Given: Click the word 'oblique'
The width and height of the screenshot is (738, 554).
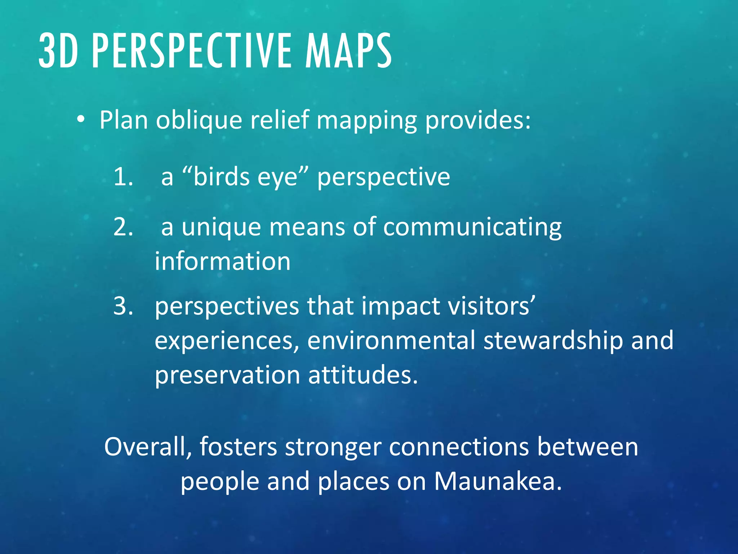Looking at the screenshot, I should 199,120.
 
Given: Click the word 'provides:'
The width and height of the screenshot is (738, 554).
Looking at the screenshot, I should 478,120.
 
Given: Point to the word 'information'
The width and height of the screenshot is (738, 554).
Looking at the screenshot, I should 222,261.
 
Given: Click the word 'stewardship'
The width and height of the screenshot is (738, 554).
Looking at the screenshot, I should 553,340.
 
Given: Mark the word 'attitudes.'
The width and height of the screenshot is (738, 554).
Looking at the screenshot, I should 363,375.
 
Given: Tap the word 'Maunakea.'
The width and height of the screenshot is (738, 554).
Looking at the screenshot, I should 498,481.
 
